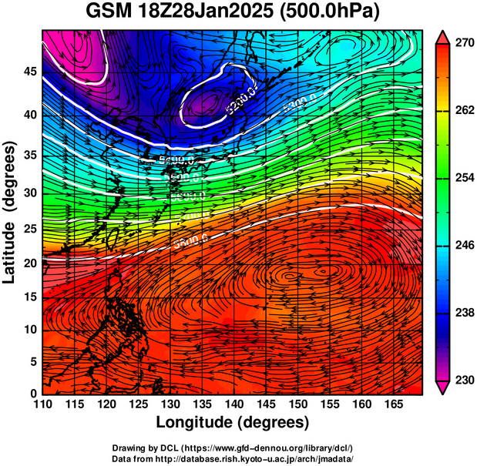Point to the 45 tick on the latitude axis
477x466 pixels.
pos(28,72)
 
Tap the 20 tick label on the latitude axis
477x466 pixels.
pos(28,263)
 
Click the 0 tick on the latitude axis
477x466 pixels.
pos(32,394)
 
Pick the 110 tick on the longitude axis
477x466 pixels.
pos(42,404)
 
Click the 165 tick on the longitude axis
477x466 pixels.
pos(391,404)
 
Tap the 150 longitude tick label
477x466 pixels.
pos(296,404)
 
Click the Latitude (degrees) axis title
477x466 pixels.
pos(10,212)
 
